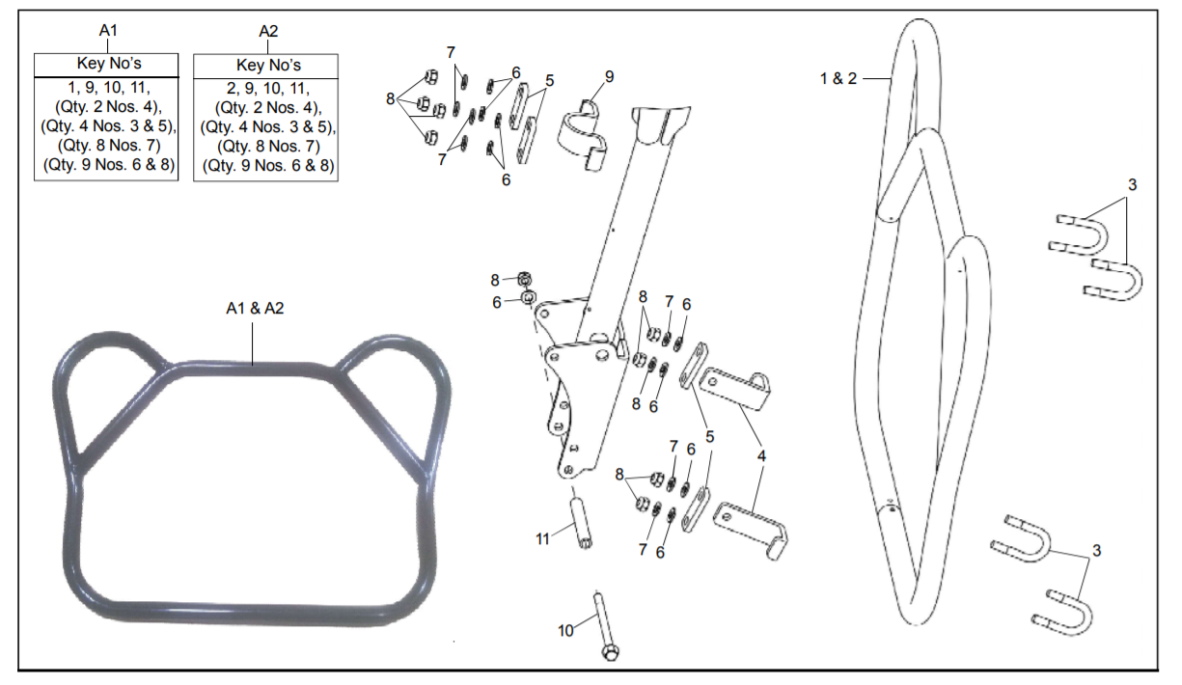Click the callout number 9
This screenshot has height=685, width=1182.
tap(609, 76)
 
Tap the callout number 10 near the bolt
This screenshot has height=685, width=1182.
tap(566, 630)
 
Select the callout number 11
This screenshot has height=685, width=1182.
tap(543, 538)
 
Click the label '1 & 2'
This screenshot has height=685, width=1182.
tap(838, 78)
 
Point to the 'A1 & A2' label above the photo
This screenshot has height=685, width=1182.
tap(255, 309)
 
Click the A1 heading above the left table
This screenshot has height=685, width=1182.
tap(108, 30)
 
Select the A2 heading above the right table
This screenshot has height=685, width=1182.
tap(268, 31)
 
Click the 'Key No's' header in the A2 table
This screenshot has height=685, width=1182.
tap(268, 66)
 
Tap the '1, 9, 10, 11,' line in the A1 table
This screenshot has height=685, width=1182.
tap(107, 87)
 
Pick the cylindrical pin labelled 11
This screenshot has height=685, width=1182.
tap(583, 522)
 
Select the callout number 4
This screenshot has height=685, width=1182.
tap(761, 454)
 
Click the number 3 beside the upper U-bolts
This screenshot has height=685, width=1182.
tap(1132, 184)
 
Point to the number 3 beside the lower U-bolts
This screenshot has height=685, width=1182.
tap(1096, 550)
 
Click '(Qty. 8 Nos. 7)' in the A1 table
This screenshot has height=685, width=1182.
tap(107, 146)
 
